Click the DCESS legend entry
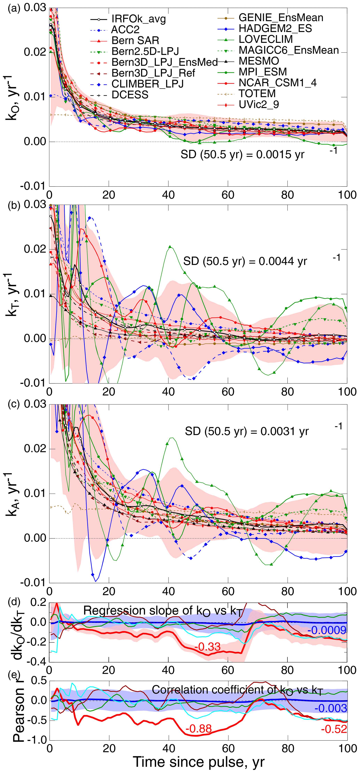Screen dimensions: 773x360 [x=130, y=95]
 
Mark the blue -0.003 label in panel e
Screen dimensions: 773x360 [x=331, y=709]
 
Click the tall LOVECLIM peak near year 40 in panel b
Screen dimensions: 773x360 [x=170, y=247]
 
